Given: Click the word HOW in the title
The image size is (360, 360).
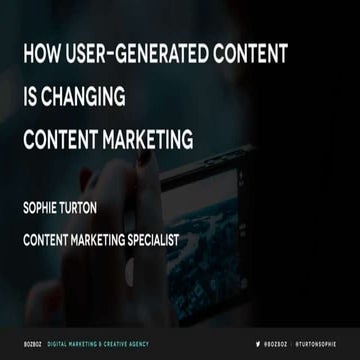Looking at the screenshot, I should coord(43,54).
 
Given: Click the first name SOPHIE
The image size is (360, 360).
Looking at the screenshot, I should coord(45,211).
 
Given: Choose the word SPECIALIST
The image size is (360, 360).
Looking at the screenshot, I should coord(193,241).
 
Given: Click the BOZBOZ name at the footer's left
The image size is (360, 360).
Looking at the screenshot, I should coord(36,343).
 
